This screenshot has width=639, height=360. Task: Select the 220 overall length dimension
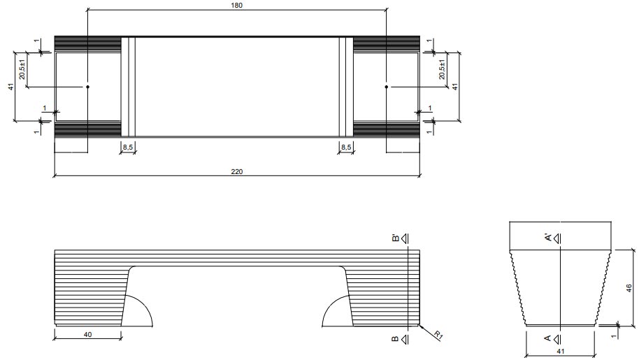click(236, 171)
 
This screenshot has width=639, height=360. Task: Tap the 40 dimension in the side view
click(88, 335)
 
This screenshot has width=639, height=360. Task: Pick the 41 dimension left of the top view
click(10, 87)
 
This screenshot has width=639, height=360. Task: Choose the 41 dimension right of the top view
click(454, 87)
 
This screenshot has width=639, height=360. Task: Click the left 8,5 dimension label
click(129, 147)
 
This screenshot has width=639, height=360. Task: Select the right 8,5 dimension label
click(346, 147)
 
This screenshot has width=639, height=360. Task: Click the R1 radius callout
click(438, 335)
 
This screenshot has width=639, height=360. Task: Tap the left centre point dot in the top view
click(87, 87)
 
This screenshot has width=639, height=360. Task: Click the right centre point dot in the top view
click(386, 87)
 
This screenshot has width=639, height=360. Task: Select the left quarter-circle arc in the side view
click(143, 308)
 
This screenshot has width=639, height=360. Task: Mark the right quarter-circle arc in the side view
click(331, 308)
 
